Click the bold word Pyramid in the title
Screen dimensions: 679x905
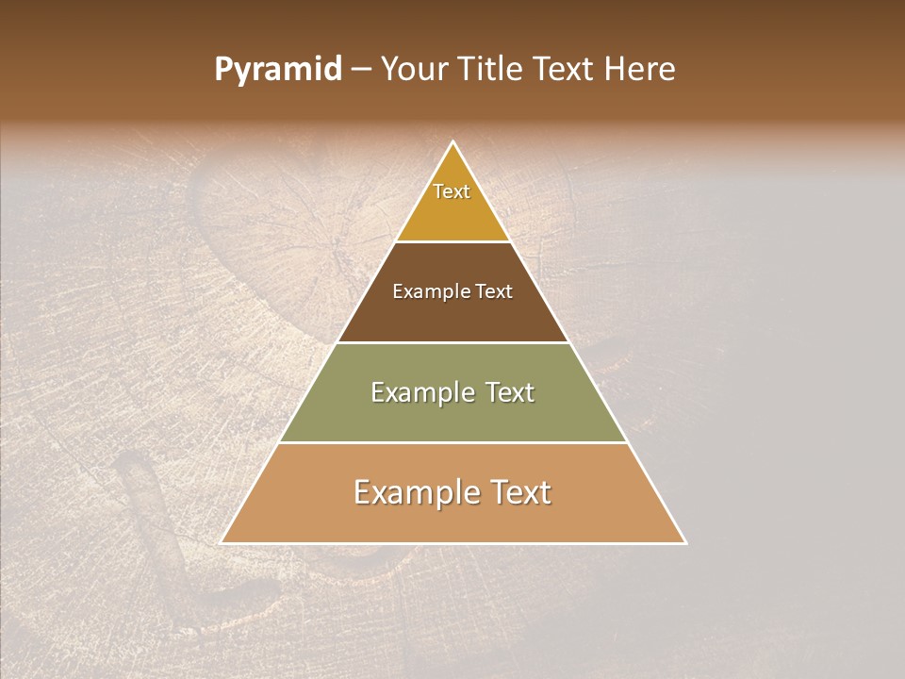click(x=278, y=70)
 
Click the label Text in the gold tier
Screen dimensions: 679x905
click(x=452, y=191)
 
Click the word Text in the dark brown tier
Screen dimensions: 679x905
click(x=495, y=291)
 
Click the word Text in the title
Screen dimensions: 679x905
click(x=566, y=70)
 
